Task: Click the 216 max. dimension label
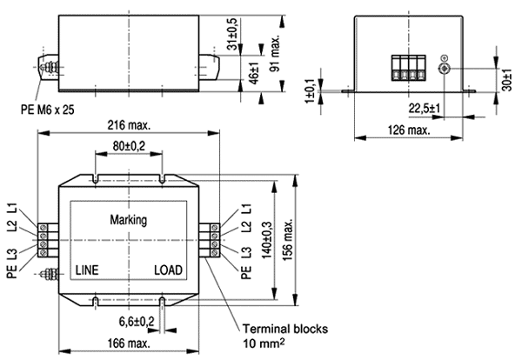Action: tap(129, 125)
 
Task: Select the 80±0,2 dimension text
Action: tap(129, 146)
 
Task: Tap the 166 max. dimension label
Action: tap(129, 343)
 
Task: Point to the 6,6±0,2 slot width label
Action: tap(137, 322)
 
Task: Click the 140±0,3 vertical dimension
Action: tap(267, 240)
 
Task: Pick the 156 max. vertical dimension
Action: tap(288, 239)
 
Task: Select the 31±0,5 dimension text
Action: tap(232, 34)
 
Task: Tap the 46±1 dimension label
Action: tap(254, 73)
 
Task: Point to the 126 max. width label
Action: tap(409, 130)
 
